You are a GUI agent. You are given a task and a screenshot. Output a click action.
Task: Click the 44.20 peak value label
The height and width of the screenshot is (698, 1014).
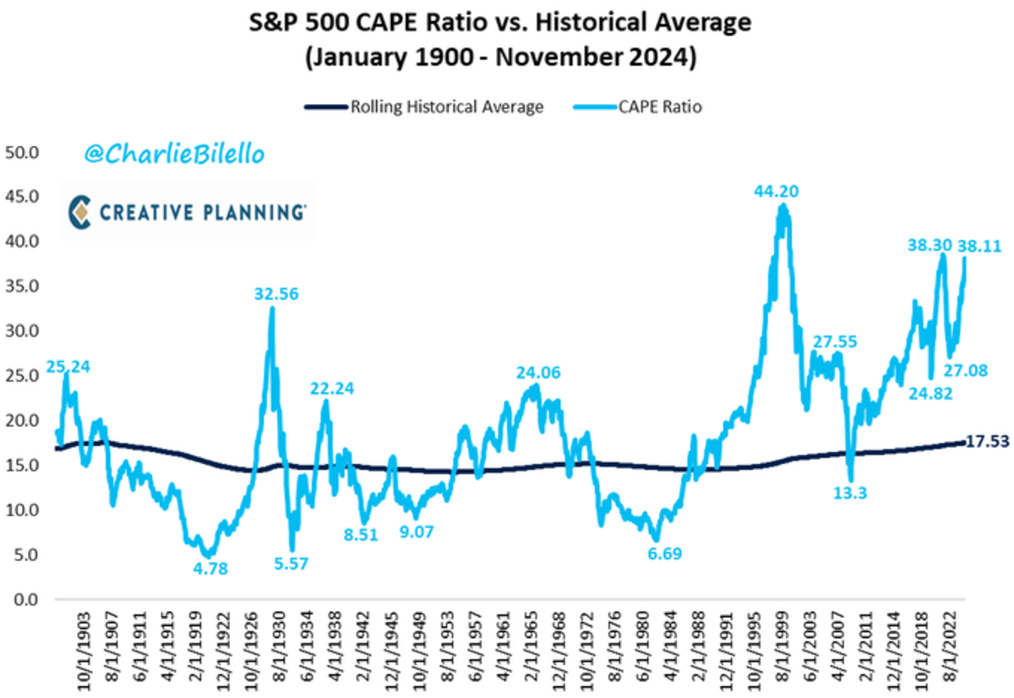(777, 192)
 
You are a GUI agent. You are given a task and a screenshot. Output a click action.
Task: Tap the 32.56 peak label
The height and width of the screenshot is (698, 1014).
(276, 295)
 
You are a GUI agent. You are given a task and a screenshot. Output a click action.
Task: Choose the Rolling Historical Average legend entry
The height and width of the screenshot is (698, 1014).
(423, 106)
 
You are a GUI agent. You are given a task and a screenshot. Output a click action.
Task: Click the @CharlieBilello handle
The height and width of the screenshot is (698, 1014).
(174, 154)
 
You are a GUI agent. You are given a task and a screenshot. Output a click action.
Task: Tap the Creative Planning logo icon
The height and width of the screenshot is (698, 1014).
(81, 211)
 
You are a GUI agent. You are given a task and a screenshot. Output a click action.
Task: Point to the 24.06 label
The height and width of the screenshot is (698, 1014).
(538, 372)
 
